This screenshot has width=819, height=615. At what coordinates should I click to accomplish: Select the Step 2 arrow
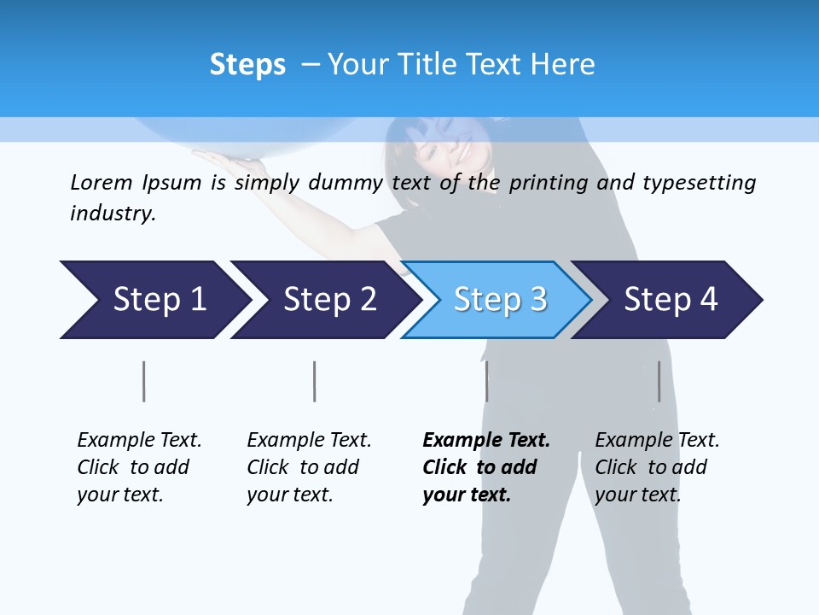click(x=328, y=300)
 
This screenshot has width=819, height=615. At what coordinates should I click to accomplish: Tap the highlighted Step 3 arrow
click(x=499, y=300)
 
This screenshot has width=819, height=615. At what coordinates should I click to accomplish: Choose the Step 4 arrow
click(x=670, y=300)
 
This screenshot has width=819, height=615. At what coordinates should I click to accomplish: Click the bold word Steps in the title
click(x=247, y=65)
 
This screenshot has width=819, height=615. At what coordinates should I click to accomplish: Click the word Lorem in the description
click(x=102, y=182)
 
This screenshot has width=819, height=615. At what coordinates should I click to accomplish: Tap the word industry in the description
click(x=113, y=213)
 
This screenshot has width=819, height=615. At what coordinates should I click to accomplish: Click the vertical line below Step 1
click(x=144, y=381)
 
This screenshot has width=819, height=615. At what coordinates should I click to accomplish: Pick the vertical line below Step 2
click(x=315, y=381)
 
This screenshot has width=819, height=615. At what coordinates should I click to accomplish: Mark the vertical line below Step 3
click(x=486, y=381)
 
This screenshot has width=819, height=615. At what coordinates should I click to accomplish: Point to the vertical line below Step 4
click(x=659, y=381)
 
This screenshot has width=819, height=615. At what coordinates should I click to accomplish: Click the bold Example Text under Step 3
click(x=486, y=441)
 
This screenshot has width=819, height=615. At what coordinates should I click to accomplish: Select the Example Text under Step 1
click(x=139, y=441)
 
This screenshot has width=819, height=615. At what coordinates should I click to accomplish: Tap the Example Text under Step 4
click(x=657, y=441)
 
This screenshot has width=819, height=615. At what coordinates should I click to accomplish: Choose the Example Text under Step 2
click(x=309, y=441)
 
